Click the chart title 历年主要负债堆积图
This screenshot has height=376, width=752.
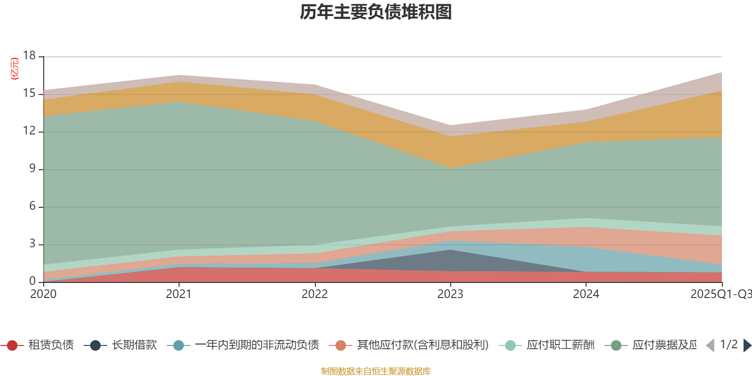click(x=376, y=12)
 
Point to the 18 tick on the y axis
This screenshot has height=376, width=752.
click(x=29, y=56)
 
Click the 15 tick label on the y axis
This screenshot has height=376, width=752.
click(x=29, y=94)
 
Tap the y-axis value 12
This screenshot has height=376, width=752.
click(x=29, y=131)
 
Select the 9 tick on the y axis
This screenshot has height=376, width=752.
click(x=32, y=169)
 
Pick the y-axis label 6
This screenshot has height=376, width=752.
click(x=32, y=206)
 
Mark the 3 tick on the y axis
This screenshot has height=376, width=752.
click(x=32, y=244)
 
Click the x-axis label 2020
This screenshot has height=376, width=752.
click(x=43, y=294)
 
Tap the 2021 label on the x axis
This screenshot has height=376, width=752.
click(x=179, y=294)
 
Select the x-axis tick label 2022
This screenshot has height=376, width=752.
click(x=314, y=294)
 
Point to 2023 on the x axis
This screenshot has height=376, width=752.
click(x=450, y=294)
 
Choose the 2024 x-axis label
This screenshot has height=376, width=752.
click(x=586, y=294)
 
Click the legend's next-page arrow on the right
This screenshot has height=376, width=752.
click(x=747, y=345)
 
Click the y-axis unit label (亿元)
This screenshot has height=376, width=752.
click(x=15, y=69)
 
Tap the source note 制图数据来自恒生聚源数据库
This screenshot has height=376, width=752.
click(x=376, y=371)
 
